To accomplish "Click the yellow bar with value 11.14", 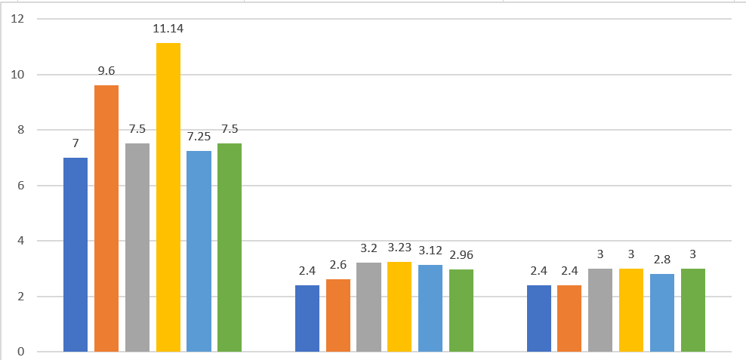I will (x=168, y=198).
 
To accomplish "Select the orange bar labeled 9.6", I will (x=106, y=219).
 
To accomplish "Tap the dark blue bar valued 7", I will (x=76, y=255).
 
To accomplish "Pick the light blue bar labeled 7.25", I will (x=199, y=251).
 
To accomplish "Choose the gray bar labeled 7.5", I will (x=137, y=248).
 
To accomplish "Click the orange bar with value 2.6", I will (x=338, y=315).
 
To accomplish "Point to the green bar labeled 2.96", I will (x=461, y=310).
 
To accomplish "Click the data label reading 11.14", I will (x=168, y=29).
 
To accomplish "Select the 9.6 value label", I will (x=106, y=72).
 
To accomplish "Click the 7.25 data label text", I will (x=199, y=137).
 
